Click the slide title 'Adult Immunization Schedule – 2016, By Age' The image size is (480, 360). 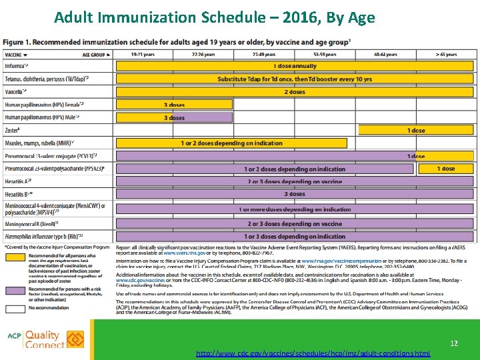(215, 17)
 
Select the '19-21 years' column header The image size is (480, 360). (143, 54)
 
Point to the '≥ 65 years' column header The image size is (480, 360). (446, 54)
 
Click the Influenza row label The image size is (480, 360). (17, 66)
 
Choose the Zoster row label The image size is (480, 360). (13, 130)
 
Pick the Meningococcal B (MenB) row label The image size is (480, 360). (29, 224)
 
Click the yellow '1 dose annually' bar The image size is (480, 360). (295, 66)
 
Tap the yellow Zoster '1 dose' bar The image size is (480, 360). (416, 130)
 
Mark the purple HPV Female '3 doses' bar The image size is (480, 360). (174, 105)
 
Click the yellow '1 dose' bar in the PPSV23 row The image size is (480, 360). (446, 169)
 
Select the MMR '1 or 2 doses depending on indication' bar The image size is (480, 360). (231, 143)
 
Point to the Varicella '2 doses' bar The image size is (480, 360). (295, 92)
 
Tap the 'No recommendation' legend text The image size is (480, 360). (49, 309)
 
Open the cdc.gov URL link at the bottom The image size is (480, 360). (313, 353)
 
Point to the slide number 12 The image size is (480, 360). (454, 343)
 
